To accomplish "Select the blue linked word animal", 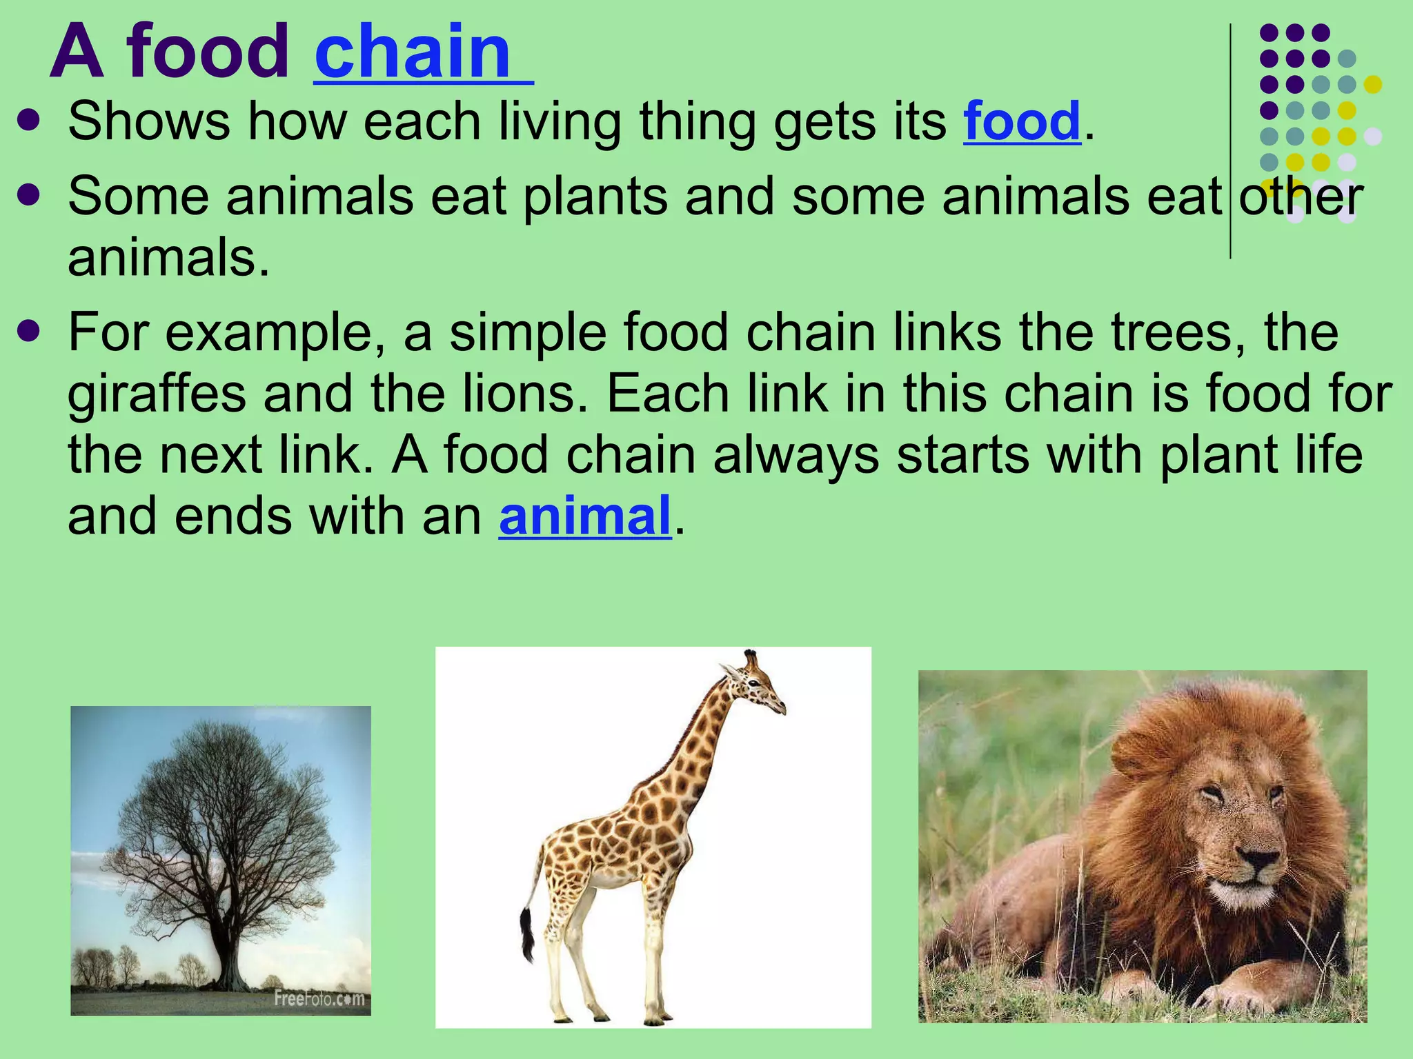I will (584, 516).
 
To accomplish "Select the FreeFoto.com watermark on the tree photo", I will (319, 998).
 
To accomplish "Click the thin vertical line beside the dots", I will (1230, 138).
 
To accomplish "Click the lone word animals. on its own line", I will (168, 259).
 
